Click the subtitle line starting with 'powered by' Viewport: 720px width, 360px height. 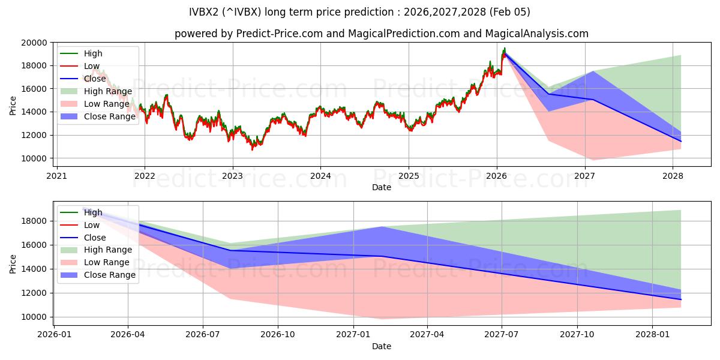click(381, 34)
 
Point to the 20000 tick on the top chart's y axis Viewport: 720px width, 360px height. click(35, 43)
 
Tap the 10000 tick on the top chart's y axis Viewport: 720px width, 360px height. click(35, 158)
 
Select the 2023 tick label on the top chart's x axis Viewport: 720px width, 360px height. click(232, 176)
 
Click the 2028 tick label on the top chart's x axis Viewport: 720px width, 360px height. click(673, 176)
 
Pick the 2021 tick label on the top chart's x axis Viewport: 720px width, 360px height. click(56, 176)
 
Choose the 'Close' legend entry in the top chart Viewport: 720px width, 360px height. click(95, 79)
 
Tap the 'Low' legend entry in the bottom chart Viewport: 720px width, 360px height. click(92, 225)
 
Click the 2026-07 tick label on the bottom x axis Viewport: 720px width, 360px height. click(203, 335)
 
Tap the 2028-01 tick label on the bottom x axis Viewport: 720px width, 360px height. click(653, 335)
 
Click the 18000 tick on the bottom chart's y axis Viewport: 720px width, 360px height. click(35, 221)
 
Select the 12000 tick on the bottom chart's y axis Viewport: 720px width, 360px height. click(35, 293)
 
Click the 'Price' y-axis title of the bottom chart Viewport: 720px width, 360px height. click(13, 263)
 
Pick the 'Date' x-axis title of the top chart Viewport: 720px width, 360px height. click(381, 187)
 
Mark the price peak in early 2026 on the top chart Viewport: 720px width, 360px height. click(504, 48)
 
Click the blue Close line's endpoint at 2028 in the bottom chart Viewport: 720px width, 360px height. click(680, 299)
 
